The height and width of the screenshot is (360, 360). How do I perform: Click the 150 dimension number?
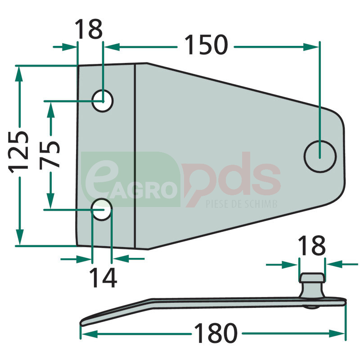206,45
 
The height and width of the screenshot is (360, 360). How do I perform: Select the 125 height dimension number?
18,152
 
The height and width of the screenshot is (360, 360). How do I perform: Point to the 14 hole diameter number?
103,278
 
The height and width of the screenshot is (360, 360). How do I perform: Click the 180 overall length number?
216,333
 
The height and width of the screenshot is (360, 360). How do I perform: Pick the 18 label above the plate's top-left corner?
89,29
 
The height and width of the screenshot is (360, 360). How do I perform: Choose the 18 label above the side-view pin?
311,246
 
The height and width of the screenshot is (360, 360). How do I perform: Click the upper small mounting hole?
103,101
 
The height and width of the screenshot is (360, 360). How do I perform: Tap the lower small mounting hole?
102,209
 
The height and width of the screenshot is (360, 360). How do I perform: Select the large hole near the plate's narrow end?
320,157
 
